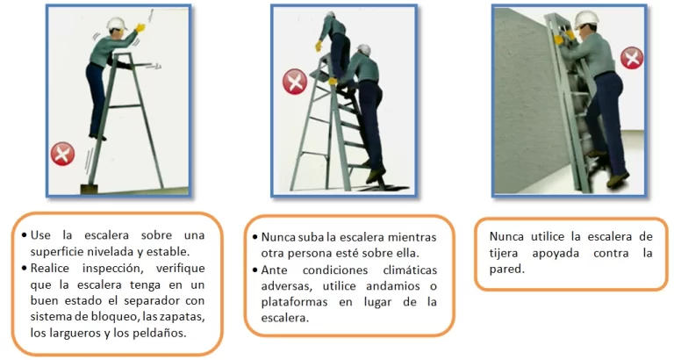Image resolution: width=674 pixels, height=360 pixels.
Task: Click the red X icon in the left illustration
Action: coord(63,154)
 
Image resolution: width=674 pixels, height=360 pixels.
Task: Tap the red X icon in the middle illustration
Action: coord(295,82)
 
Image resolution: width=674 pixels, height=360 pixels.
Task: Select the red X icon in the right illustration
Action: coord(632,58)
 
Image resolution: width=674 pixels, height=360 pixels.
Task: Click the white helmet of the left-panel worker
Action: coord(117,23)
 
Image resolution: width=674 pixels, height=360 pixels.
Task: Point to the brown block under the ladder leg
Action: coord(89,189)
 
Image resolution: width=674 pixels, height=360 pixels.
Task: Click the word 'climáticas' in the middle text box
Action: coord(410,270)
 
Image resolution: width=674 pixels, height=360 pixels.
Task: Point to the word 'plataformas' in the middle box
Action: coord(294,302)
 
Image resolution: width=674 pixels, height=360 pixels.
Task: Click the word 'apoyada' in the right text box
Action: coord(556,254)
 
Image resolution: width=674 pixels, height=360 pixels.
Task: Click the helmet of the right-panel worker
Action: coord(587,19)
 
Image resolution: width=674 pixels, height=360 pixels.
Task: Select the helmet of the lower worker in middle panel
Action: coord(363,50)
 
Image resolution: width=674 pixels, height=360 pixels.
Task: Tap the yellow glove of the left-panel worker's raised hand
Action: coord(140,28)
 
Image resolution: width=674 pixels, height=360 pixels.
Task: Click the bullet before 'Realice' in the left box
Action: coord(24,269)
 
